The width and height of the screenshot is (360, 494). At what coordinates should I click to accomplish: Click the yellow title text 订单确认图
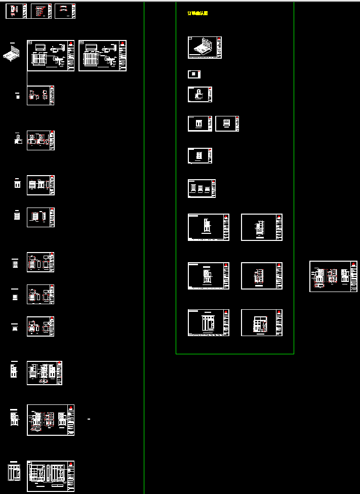coord(197,13)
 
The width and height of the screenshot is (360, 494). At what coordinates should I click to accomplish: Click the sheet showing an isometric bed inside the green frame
coord(205,48)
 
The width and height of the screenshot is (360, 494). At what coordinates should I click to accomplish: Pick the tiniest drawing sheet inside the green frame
coord(194,74)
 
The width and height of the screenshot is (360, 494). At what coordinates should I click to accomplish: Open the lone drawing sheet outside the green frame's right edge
coord(333,276)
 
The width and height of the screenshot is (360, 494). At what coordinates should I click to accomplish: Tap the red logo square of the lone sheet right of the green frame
coord(354,264)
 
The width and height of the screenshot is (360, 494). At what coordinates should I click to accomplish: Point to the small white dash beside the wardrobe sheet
coord(89,420)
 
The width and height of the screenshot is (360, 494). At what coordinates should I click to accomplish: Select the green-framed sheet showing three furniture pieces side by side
coord(202,188)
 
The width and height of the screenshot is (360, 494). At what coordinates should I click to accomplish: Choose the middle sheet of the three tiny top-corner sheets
coord(41,11)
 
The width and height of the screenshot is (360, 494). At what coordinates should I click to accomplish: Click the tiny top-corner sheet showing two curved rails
coord(65,11)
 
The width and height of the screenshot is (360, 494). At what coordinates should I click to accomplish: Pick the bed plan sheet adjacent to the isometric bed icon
coord(51,56)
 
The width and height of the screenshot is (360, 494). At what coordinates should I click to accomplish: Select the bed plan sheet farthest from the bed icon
coord(102,56)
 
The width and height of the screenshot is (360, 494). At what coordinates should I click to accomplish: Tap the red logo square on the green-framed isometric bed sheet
coord(219,38)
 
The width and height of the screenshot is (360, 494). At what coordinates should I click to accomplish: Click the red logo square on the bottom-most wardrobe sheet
coord(71,463)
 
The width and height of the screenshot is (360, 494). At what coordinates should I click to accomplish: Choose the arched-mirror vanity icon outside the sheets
coord(18,140)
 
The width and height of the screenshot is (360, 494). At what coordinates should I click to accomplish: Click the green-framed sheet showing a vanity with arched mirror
coord(199,95)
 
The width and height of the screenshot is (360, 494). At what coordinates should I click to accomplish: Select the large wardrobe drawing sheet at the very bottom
coord(51,476)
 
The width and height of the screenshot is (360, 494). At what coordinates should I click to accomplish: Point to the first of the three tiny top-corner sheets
coord(16,11)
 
